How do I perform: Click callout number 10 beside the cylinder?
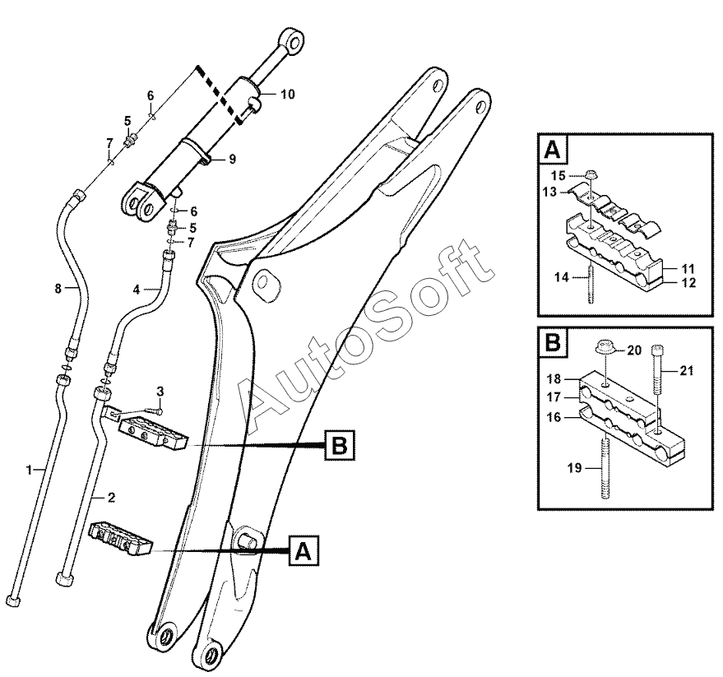point(287,94)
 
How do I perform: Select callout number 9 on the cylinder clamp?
point(232,159)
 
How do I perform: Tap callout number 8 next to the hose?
point(58,288)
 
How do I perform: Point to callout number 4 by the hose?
point(136,289)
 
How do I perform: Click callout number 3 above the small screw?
point(160,389)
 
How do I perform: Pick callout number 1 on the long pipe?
point(29,470)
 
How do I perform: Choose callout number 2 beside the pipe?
point(110,498)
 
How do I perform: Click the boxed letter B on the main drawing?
point(339,445)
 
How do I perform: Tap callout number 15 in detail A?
point(557,175)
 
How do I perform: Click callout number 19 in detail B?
point(575,468)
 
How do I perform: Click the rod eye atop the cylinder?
point(293,40)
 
